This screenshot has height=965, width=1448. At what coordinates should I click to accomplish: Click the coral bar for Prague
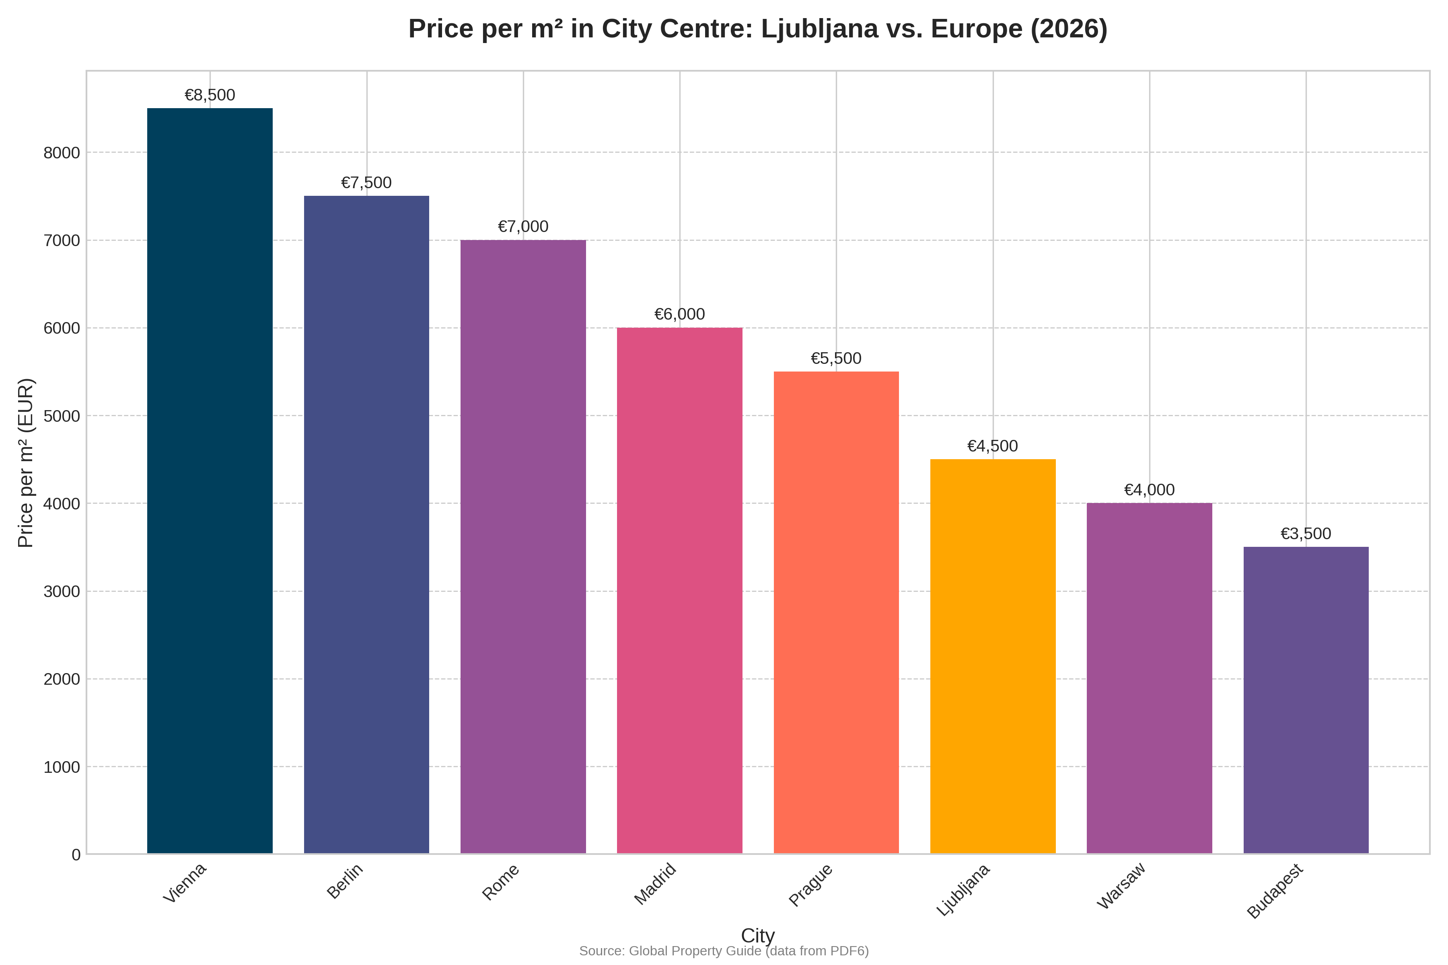point(836,612)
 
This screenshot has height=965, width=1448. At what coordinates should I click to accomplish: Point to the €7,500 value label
point(366,183)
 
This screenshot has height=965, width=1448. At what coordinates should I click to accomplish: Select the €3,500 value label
point(1306,534)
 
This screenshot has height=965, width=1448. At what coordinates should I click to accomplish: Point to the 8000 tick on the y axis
point(62,153)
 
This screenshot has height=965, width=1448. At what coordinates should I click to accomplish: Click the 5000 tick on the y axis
point(62,416)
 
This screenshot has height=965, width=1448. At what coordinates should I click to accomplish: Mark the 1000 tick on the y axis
point(62,767)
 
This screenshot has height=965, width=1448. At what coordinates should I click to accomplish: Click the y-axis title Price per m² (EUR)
point(26,463)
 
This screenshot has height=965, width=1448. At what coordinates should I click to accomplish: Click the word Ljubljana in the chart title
point(819,29)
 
